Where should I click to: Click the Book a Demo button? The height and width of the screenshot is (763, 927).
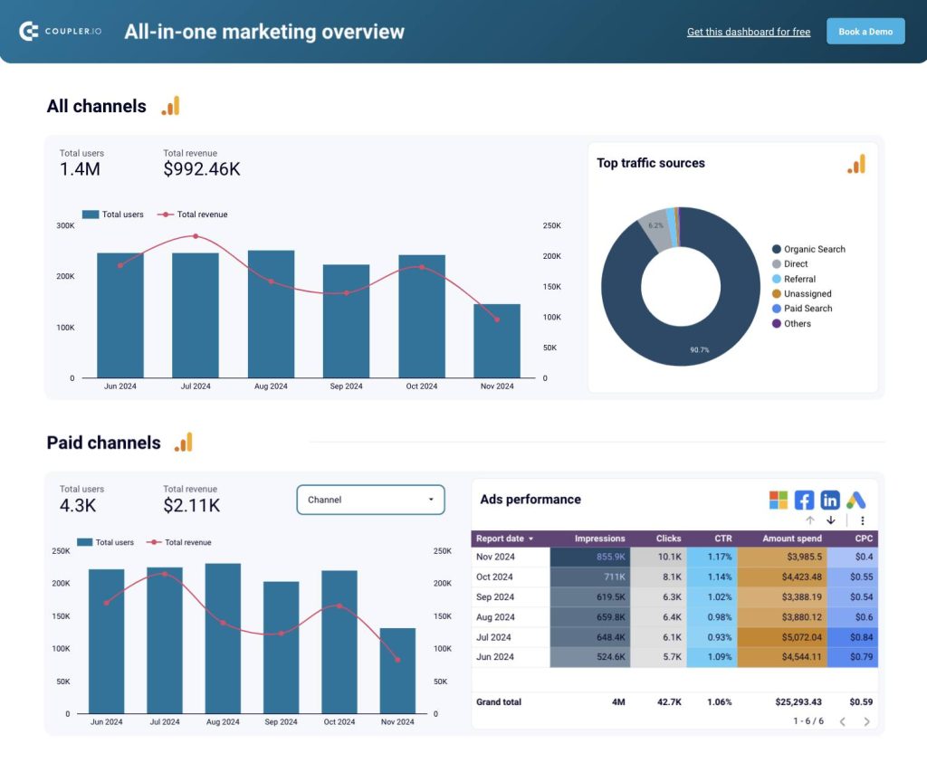(x=865, y=32)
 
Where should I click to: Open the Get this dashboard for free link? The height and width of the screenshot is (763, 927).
(x=748, y=32)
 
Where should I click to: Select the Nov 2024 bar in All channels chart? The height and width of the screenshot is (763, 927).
(x=496, y=340)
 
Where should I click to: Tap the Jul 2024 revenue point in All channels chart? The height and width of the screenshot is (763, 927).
(x=196, y=236)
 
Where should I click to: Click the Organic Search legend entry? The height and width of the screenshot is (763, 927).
(x=813, y=249)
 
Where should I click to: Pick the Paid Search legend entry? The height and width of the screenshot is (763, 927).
(x=807, y=309)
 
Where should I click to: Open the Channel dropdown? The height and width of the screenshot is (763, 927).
(x=370, y=500)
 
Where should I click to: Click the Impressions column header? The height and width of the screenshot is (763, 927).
(x=599, y=539)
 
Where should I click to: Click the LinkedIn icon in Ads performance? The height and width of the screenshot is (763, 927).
(x=830, y=501)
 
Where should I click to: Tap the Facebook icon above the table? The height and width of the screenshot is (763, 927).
(x=804, y=501)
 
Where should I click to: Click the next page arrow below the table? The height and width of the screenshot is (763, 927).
(x=866, y=721)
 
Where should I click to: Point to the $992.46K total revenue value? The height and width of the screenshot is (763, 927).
(x=202, y=169)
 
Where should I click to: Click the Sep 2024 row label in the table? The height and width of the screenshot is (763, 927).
(x=495, y=596)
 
